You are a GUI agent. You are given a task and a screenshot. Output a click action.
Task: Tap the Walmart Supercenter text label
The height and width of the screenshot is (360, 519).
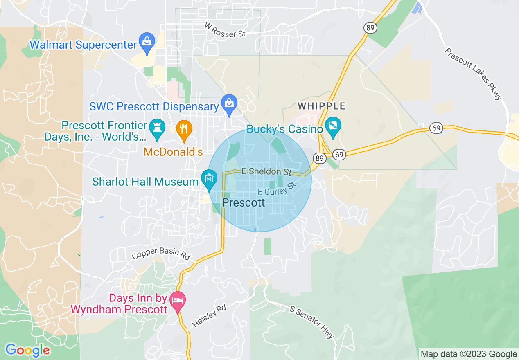click(83, 45)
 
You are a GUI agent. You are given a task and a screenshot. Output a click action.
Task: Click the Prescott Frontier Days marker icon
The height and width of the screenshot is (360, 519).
click(156, 127)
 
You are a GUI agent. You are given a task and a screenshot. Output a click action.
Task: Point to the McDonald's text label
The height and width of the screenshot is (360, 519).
click(173, 152)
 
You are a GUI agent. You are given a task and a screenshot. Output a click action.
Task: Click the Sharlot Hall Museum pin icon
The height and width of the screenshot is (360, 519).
click(209, 179)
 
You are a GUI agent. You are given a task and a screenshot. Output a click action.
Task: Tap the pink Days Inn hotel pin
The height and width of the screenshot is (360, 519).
click(178, 300)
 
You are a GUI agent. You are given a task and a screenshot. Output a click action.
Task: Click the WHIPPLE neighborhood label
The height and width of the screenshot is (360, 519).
click(322, 106)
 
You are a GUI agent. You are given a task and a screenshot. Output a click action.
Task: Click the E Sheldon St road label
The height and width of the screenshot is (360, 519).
click(266, 171)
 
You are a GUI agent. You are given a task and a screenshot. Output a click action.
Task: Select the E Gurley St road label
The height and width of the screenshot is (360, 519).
click(277, 189)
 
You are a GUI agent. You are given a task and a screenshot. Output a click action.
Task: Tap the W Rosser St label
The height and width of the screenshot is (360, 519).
click(225, 30)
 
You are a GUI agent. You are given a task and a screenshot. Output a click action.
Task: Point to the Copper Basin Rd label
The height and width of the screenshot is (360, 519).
click(161, 253)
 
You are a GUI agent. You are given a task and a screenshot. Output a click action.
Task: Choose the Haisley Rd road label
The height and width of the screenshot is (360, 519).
click(209, 315)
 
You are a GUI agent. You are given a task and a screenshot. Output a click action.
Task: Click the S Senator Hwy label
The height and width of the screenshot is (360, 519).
click(312, 322)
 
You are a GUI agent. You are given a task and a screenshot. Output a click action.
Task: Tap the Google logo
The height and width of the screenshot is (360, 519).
click(27, 350)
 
